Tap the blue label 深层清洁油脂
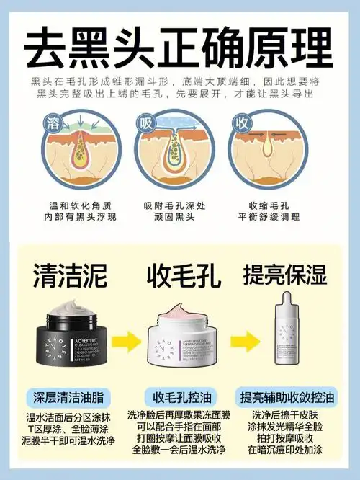(x=69, y=396)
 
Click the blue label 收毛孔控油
(x=179, y=396)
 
